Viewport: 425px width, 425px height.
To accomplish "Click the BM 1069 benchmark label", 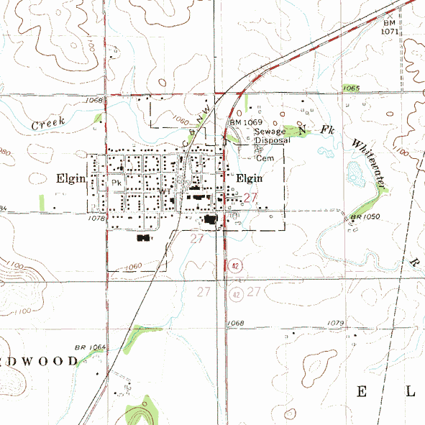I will click(x=245, y=123).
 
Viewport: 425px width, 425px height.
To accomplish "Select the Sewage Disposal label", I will click(x=272, y=136).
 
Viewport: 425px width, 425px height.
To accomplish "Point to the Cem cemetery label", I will click(x=267, y=157).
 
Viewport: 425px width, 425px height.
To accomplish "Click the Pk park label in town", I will click(x=116, y=183).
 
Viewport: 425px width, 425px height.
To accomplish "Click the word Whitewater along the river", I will click(x=370, y=163).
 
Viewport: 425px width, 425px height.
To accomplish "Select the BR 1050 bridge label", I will click(x=364, y=217).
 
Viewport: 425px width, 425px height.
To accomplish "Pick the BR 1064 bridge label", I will click(x=90, y=347).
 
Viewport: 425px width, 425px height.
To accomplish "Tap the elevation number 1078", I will click(x=96, y=216).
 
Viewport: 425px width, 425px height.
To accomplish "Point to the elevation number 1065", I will click(x=351, y=88).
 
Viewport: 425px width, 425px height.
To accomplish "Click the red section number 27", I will click(x=250, y=197).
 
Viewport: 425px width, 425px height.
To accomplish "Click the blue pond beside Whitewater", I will click(x=355, y=173).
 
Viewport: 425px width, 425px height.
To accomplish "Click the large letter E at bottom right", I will click(x=362, y=391).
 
